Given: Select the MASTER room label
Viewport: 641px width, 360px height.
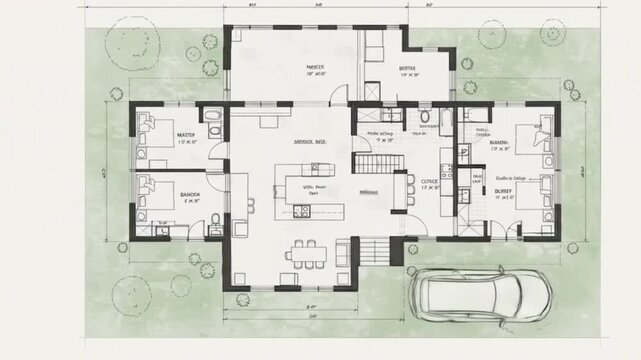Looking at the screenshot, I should tap(186, 133).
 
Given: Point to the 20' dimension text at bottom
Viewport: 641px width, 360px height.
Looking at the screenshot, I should tap(312, 315).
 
